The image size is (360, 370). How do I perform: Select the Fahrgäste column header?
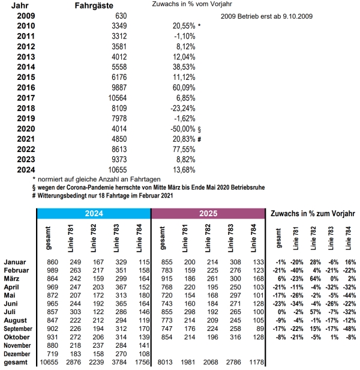pos(95,5)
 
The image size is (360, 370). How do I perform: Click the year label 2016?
pos(26,88)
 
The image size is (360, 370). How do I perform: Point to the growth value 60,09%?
pos(183,88)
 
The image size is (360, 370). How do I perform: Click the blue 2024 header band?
pos(94,214)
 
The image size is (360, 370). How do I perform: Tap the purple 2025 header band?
pos(208,214)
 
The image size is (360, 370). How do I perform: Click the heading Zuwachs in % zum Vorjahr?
pos(313,214)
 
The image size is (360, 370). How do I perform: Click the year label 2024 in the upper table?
pos(26,170)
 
